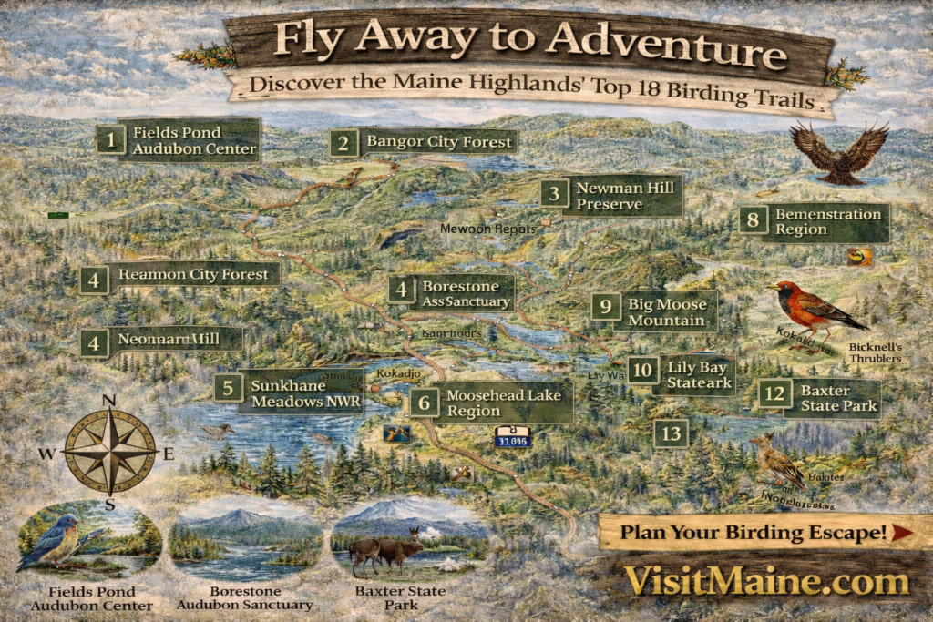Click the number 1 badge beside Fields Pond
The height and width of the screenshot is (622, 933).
click(110, 140)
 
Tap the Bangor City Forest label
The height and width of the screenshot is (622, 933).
click(440, 143)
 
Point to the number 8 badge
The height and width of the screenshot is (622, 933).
click(753, 220)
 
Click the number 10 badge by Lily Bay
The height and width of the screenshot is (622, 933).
click(643, 369)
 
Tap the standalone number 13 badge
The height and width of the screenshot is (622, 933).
click(672, 433)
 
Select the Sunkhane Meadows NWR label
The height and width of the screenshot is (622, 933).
click(306, 393)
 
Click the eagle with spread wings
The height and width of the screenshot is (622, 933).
click(839, 152)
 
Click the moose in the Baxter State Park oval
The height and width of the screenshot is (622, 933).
click(387, 549)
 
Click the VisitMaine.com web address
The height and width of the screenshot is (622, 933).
click(765, 580)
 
